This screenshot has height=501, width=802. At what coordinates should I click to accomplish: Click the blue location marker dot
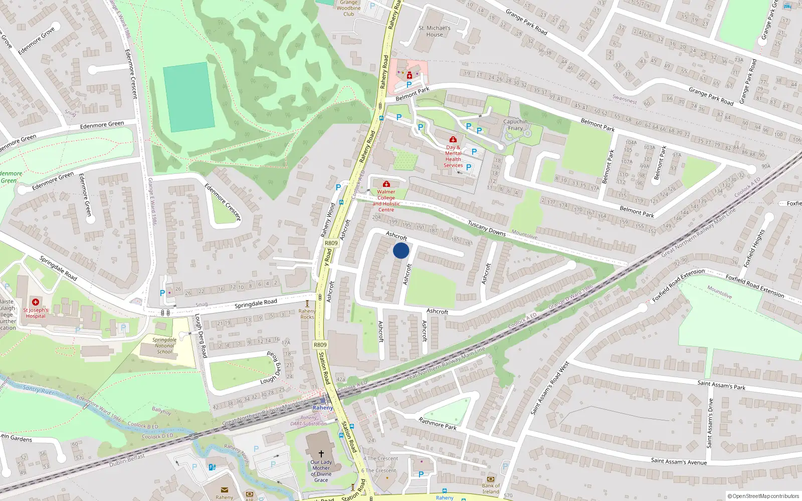pyautogui.click(x=401, y=250)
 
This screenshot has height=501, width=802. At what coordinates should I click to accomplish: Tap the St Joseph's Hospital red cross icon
pyautogui.click(x=36, y=302)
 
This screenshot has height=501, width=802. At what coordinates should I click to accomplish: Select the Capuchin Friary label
pyautogui.click(x=515, y=125)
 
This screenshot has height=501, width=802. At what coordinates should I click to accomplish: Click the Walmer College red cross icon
pyautogui.click(x=386, y=184)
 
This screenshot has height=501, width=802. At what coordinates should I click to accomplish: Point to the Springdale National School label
pyautogui.click(x=164, y=346)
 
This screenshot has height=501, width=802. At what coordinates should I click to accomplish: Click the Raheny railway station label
pyautogui.click(x=323, y=408)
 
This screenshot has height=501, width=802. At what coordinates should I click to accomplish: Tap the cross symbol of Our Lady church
pyautogui.click(x=321, y=453)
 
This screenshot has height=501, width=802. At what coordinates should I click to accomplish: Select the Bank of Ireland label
pyautogui.click(x=491, y=488)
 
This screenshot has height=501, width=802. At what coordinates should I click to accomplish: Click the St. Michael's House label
pyautogui.click(x=435, y=32)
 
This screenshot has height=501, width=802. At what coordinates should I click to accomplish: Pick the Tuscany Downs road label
pyautogui.click(x=486, y=228)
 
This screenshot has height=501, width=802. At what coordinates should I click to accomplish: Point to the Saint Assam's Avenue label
pyautogui.click(x=679, y=461)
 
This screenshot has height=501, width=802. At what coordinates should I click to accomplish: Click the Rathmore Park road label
pyautogui.click(x=438, y=424)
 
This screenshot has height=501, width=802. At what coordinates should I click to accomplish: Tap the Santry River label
pyautogui.click(x=38, y=390)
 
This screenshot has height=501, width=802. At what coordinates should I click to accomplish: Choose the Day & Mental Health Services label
pyautogui.click(x=453, y=156)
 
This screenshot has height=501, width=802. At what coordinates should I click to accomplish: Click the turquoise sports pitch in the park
pyautogui.click(x=189, y=97)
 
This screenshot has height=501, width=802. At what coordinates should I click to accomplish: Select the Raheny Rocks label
pyautogui.click(x=307, y=314)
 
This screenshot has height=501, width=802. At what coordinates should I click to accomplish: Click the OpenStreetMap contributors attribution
pyautogui.click(x=763, y=496)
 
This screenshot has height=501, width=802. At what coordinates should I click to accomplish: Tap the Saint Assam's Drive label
pyautogui.click(x=710, y=423)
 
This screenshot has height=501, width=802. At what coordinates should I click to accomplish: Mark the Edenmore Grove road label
pyautogui.click(x=36, y=42)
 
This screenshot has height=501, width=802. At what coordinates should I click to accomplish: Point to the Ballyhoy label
pyautogui.click(x=161, y=411)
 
